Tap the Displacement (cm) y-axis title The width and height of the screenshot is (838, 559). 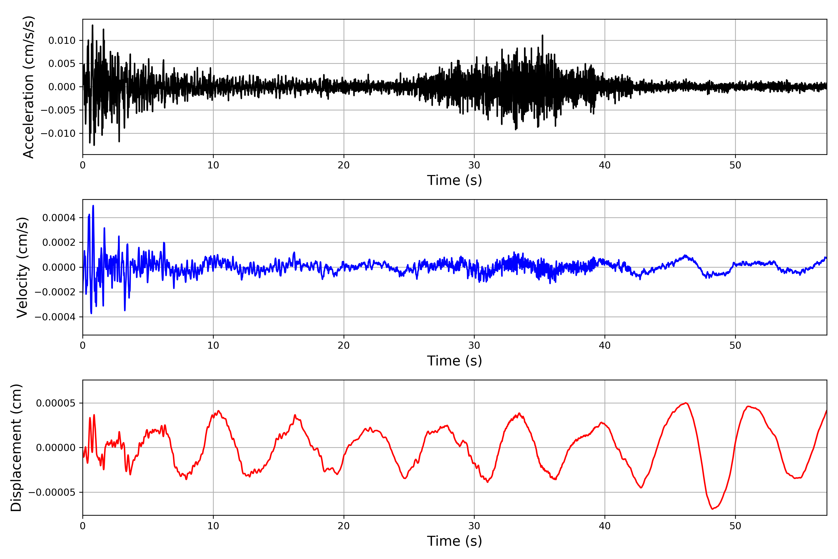16,447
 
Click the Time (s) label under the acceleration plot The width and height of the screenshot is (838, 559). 454,180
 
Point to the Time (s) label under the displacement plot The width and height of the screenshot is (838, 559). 454,541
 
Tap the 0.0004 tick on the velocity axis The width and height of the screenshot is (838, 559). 59,218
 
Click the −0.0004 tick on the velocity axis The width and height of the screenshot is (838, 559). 55,317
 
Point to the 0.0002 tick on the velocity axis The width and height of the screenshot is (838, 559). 59,243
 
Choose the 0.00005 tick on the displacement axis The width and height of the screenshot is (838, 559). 56,403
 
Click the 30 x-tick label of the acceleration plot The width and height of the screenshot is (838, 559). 474,165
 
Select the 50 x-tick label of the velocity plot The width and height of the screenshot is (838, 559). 735,345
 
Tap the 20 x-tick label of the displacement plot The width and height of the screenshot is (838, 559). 344,526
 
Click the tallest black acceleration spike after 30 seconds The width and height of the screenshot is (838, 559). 542,35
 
